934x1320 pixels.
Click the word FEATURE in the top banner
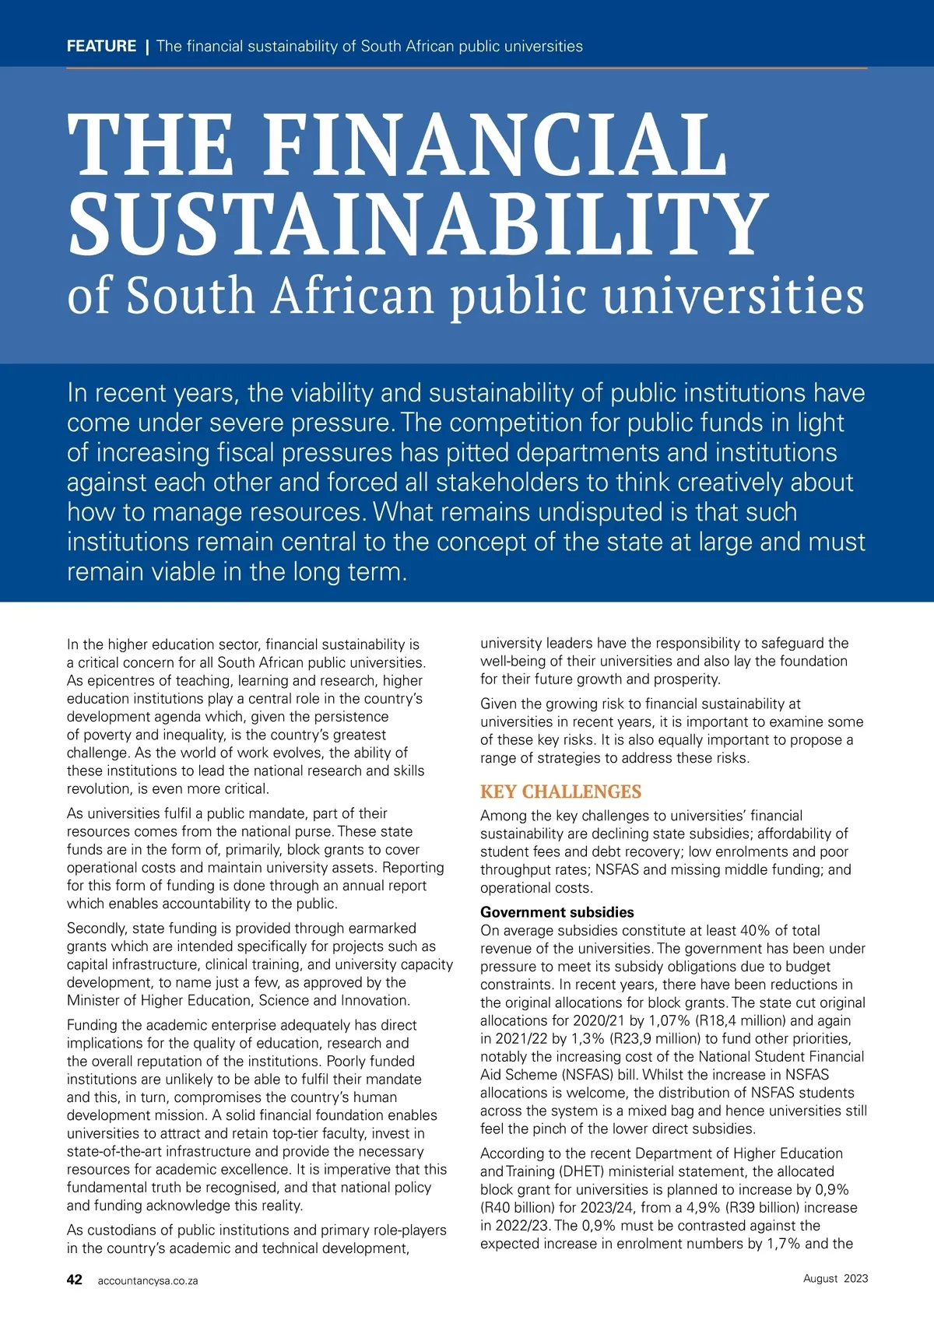pos(101,46)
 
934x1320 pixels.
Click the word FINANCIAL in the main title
pos(496,145)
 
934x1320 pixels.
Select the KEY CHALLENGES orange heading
pos(560,792)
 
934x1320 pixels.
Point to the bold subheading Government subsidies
pos(557,912)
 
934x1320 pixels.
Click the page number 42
pos(75,1280)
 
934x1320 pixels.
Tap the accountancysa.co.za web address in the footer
pos(148,1280)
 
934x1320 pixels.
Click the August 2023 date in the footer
pos(835,1278)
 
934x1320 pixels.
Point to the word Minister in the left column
pos(94,1000)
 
